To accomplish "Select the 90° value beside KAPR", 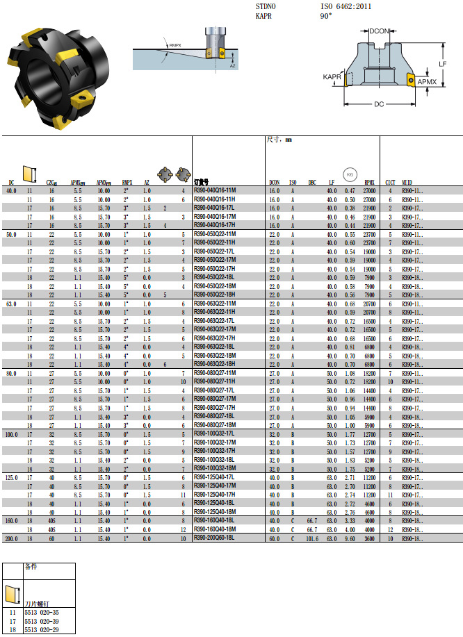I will coord(325,15).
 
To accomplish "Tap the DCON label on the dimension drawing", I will coord(379,31).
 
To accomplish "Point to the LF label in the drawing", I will coord(442,63).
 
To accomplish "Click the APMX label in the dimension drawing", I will coord(427,82).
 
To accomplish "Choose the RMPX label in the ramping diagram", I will coord(174,46).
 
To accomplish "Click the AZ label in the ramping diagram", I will coord(233,65).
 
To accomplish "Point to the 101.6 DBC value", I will coord(312,538).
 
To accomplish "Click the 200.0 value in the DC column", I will coord(11,538).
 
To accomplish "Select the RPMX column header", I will coord(369,183).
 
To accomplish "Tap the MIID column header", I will coord(408,183).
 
